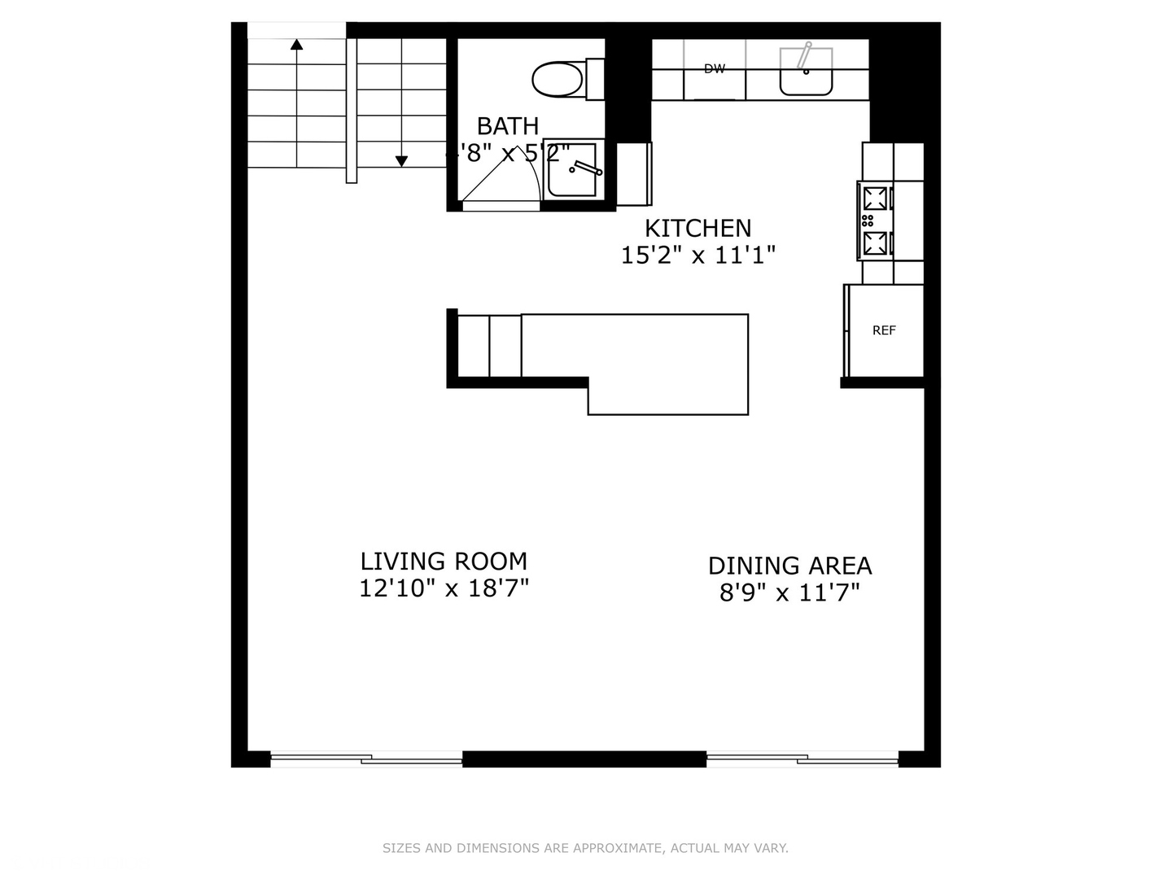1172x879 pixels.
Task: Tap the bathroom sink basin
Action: [x=572, y=169]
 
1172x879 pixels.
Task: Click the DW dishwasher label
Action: [x=715, y=69]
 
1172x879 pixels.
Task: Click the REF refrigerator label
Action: [x=884, y=330]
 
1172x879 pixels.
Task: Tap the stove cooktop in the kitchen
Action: [x=876, y=221]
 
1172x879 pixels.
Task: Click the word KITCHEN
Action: [x=698, y=228]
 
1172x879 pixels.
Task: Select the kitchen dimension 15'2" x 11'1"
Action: [x=698, y=256]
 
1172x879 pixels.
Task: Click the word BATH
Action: [x=507, y=126]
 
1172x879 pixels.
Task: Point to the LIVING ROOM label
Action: [x=444, y=561]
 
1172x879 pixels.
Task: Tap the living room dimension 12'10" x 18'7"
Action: [x=444, y=588]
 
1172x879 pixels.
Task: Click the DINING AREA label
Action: [x=789, y=566]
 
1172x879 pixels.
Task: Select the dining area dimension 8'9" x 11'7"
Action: [x=789, y=593]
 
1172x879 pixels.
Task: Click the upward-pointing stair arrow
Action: [x=297, y=44]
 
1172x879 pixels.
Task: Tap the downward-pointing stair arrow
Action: [x=401, y=161]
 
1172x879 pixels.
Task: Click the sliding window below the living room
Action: [x=366, y=759]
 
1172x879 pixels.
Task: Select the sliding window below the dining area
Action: [x=802, y=759]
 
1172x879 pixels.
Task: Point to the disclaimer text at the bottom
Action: [x=585, y=848]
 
